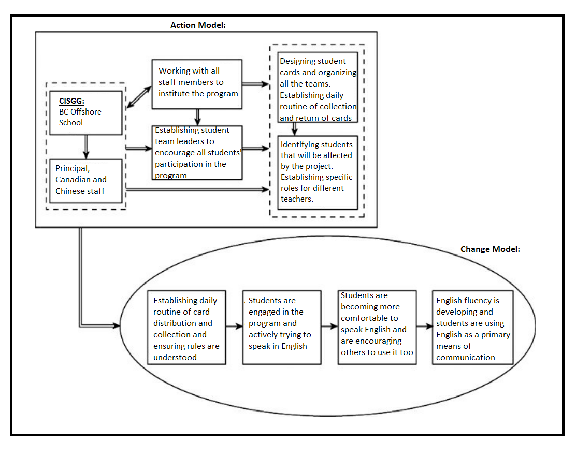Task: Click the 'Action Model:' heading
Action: pos(198,25)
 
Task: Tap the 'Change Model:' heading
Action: pos(490,249)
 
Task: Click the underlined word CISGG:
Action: pos(71,101)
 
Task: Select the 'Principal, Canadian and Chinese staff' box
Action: pos(86,181)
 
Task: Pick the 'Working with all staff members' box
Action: pos(197,84)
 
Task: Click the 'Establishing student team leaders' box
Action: pos(197,152)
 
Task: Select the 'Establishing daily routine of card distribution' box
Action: pos(186,328)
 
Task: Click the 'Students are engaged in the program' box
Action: pos(282,328)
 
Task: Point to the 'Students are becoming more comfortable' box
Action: pos(377,328)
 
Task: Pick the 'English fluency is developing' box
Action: pos(473,328)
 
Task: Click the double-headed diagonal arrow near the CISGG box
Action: pos(139,97)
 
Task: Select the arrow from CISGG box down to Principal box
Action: pos(86,147)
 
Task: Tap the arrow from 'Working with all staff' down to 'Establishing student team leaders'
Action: pos(198,117)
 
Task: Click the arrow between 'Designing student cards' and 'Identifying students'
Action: pos(294,129)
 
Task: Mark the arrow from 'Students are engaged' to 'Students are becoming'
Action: pos(329,326)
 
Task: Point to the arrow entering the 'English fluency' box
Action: pos(425,326)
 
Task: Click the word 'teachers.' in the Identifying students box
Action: pos(297,199)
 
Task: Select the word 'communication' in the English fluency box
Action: pos(466,358)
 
